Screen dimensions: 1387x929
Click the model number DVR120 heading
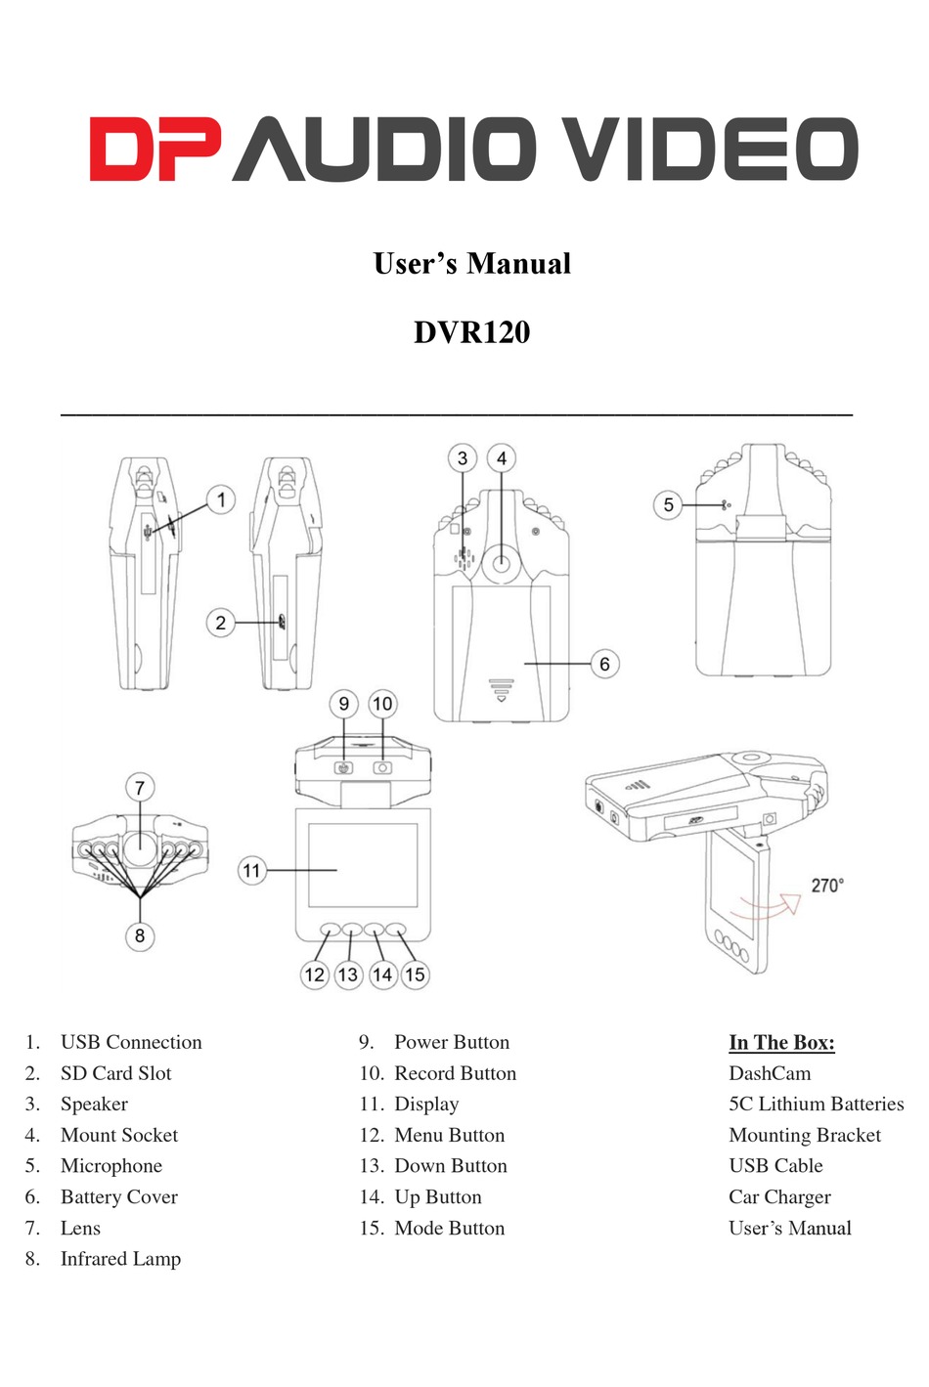pyautogui.click(x=471, y=331)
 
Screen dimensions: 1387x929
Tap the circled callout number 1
pyautogui.click(x=221, y=500)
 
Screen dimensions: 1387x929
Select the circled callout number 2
pyautogui.click(x=221, y=623)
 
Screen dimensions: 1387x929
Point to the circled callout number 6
pyautogui.click(x=604, y=664)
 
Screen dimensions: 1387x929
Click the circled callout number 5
pyautogui.click(x=668, y=505)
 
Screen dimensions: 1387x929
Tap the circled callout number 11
pyautogui.click(x=252, y=870)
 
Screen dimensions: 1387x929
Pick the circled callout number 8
pyautogui.click(x=140, y=935)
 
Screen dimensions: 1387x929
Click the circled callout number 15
pyautogui.click(x=415, y=974)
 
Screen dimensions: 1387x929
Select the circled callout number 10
pyautogui.click(x=382, y=704)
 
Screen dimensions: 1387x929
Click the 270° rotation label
pyautogui.click(x=827, y=885)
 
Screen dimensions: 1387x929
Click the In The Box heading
pyautogui.click(x=781, y=1042)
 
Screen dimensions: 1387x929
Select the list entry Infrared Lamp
pyautogui.click(x=120, y=1259)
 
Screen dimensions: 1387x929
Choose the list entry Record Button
pyautogui.click(x=455, y=1073)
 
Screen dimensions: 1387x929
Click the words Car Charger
pyautogui.click(x=779, y=1196)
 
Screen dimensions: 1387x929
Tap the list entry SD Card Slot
pyautogui.click(x=115, y=1073)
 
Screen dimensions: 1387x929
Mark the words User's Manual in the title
pyautogui.click(x=471, y=263)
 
